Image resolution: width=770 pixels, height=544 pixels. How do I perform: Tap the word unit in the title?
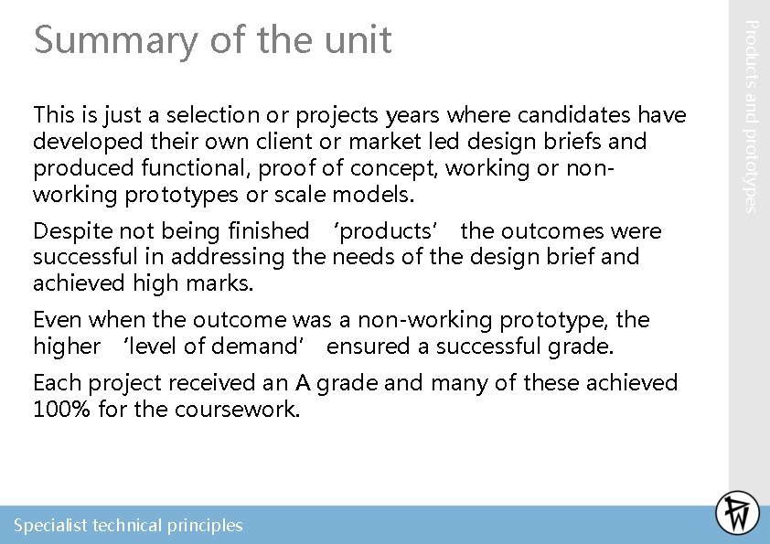pyautogui.click(x=358, y=40)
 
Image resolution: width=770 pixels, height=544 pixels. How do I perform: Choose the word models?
pyautogui.click(x=375, y=195)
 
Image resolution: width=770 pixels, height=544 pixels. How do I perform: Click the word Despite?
pyautogui.click(x=66, y=231)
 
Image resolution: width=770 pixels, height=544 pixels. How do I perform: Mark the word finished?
pyautogui.click(x=265, y=231)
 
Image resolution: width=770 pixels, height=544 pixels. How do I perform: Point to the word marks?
pyautogui.click(x=221, y=283)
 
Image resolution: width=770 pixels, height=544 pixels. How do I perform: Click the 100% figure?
pyautogui.click(x=60, y=409)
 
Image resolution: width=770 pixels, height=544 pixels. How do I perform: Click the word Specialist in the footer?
pyautogui.click(x=50, y=526)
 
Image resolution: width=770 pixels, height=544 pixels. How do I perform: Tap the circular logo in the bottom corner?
pyautogui.click(x=737, y=513)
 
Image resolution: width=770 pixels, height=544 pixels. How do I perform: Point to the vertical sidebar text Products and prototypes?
pyautogui.click(x=749, y=116)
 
